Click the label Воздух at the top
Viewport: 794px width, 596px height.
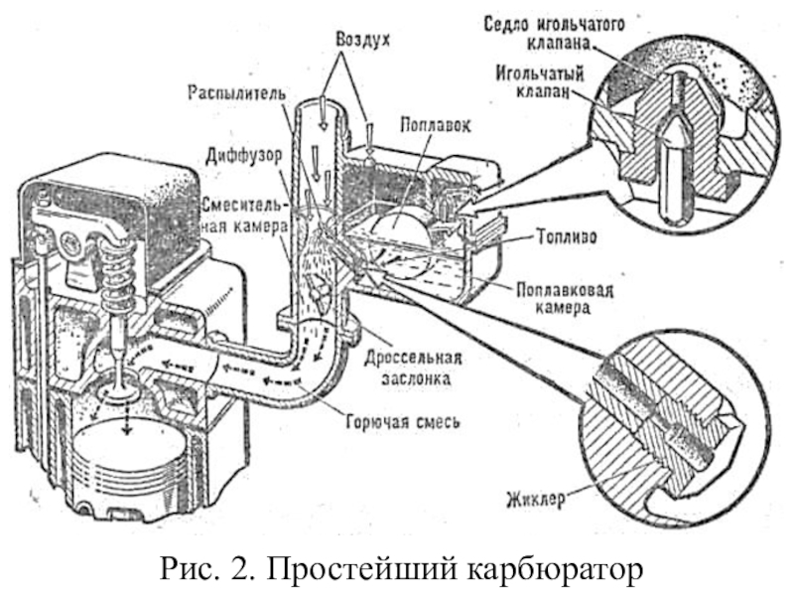362,41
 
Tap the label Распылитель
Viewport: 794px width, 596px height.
237,93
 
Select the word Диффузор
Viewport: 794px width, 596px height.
243,156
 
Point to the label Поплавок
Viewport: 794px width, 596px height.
435,124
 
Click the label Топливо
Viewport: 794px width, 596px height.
566,236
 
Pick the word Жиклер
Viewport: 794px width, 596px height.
536,500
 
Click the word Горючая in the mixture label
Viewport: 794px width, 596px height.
377,421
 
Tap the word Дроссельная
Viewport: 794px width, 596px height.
413,358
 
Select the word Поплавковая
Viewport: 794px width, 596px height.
565,290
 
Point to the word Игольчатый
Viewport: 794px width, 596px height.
539,74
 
